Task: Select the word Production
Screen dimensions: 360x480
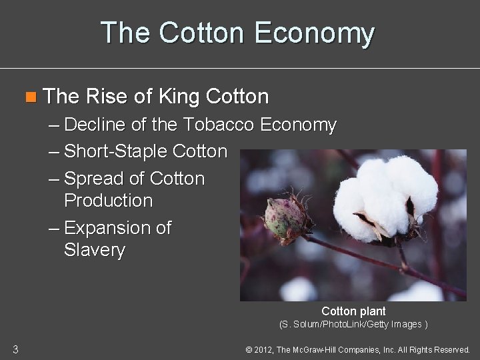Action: coord(108,201)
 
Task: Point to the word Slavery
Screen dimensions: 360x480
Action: coord(94,250)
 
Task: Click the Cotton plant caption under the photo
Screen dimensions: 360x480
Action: coord(353,311)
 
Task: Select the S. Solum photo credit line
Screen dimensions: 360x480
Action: coord(353,325)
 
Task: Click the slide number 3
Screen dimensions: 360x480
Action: coord(15,349)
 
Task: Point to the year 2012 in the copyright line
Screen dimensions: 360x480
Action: coord(264,349)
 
